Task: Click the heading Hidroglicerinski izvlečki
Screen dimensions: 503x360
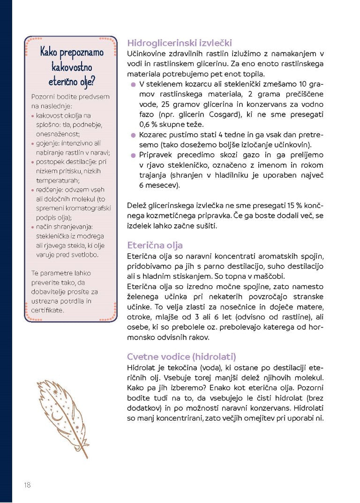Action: [x=179, y=43]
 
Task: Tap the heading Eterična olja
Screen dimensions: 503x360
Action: [x=155, y=245]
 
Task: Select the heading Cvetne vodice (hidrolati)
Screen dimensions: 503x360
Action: [x=181, y=356]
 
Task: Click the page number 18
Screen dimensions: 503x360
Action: [x=27, y=485]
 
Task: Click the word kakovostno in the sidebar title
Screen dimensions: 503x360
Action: [x=71, y=66]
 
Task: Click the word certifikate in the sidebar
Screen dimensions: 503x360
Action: [x=47, y=310]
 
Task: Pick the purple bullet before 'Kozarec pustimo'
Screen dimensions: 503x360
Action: [x=134, y=135]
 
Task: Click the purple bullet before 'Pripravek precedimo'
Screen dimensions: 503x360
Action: [x=134, y=155]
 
